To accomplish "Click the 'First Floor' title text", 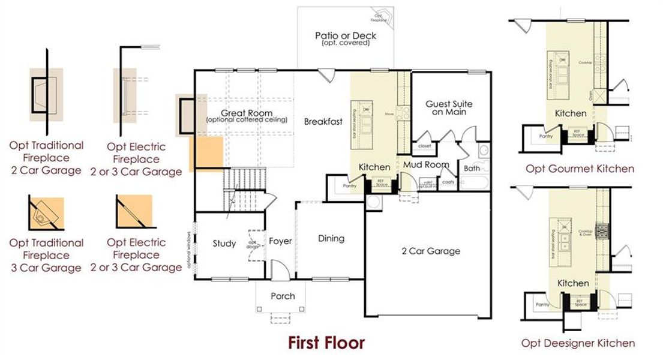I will (326, 343).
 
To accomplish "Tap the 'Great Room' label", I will (246, 113).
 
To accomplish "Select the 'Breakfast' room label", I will (323, 122).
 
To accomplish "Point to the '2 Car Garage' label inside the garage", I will (430, 251).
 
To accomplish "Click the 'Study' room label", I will (224, 244).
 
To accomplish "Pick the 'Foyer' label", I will (280, 241).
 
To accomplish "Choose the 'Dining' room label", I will (331, 238).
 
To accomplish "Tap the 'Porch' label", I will (283, 296).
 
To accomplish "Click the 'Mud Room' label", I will (425, 164).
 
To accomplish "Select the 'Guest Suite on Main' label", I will (449, 107).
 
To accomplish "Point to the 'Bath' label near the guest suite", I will (472, 169).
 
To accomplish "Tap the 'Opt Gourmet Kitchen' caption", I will (580, 169).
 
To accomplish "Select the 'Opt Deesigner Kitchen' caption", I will (578, 343).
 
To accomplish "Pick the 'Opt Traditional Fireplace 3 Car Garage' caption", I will (46, 255).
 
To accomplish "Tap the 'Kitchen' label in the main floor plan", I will (374, 167).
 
